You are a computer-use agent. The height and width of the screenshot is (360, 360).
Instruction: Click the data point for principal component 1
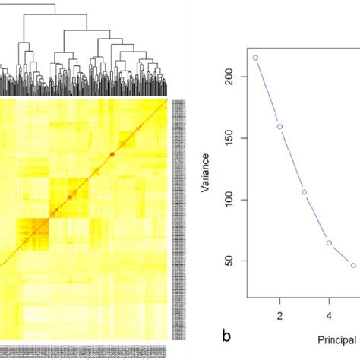coord(255,58)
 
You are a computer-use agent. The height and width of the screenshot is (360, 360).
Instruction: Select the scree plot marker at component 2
coord(279,127)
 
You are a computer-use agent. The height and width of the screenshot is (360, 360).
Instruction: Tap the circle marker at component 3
coord(305,192)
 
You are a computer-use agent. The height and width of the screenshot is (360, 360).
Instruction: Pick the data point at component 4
coord(329,243)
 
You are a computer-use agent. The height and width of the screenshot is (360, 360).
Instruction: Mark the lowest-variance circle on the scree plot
coord(353,265)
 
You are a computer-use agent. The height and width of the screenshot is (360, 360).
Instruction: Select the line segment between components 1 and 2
coord(267,92)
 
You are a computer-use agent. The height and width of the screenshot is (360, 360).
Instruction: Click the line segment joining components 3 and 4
coord(317,218)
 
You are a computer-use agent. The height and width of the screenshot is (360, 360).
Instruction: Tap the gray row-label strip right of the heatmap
coord(178,220)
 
